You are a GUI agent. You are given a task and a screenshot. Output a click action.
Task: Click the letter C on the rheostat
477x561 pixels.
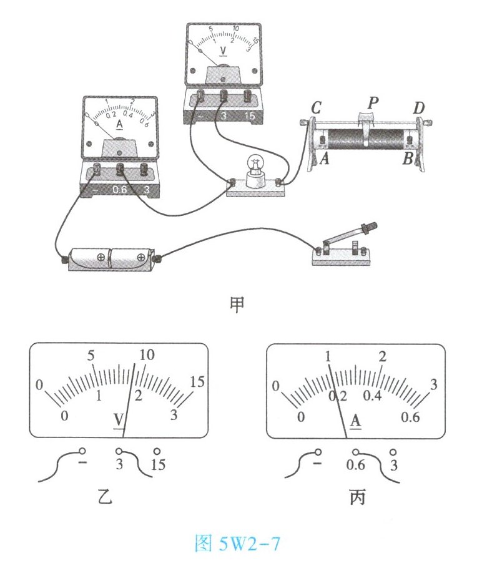pyautogui.click(x=316, y=107)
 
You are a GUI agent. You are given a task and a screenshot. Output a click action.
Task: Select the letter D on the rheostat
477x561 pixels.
pyautogui.click(x=419, y=107)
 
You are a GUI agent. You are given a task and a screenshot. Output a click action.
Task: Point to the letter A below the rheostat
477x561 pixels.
pyautogui.click(x=325, y=158)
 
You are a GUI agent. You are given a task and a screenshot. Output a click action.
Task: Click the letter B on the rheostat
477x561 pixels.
pyautogui.click(x=408, y=158)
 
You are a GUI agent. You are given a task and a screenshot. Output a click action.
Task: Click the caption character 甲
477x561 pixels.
pyautogui.click(x=237, y=305)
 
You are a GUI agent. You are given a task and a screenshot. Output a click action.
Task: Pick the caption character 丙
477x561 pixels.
pyautogui.click(x=357, y=497)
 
